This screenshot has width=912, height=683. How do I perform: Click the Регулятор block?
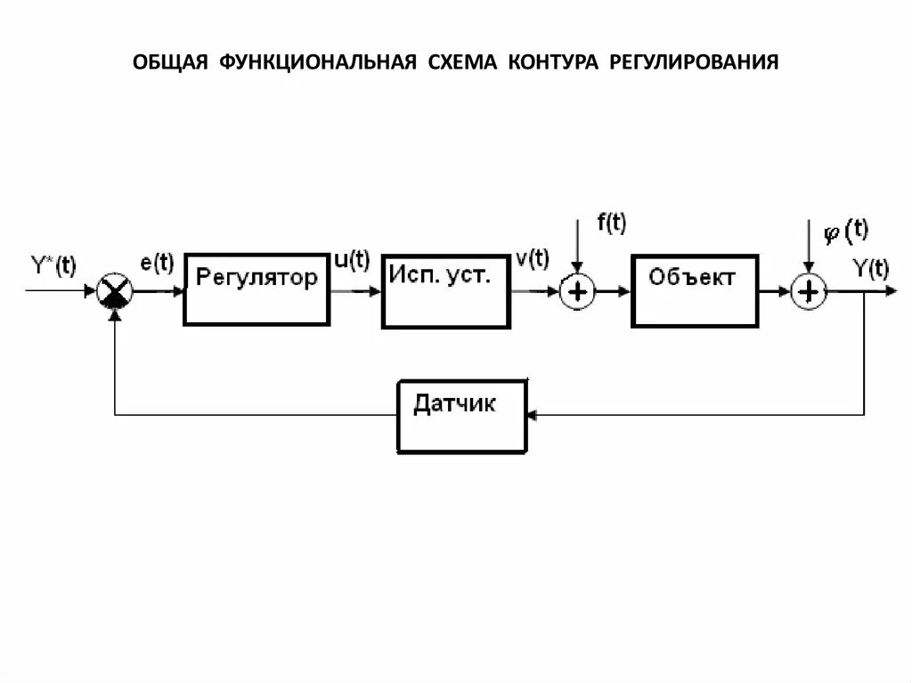point(256,289)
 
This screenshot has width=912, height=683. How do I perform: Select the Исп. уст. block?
point(446,290)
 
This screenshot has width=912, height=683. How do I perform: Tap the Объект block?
point(696,290)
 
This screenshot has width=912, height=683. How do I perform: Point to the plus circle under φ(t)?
point(809,291)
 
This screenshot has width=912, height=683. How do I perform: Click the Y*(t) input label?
point(53,266)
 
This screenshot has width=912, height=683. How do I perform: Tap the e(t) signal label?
point(156,264)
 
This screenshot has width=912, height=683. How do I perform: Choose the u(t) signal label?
point(351,261)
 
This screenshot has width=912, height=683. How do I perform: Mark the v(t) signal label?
point(533,259)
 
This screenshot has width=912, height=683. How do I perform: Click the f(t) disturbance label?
point(612,224)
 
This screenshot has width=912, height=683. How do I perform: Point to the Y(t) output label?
point(870,268)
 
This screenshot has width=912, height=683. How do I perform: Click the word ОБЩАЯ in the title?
point(170,62)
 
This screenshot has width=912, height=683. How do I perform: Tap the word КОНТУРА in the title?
point(555,62)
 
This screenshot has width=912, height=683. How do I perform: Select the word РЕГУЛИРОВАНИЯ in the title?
point(694,62)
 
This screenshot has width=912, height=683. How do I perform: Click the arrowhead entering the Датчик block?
point(531,415)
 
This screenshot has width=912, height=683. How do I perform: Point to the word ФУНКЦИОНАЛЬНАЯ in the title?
point(321,62)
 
